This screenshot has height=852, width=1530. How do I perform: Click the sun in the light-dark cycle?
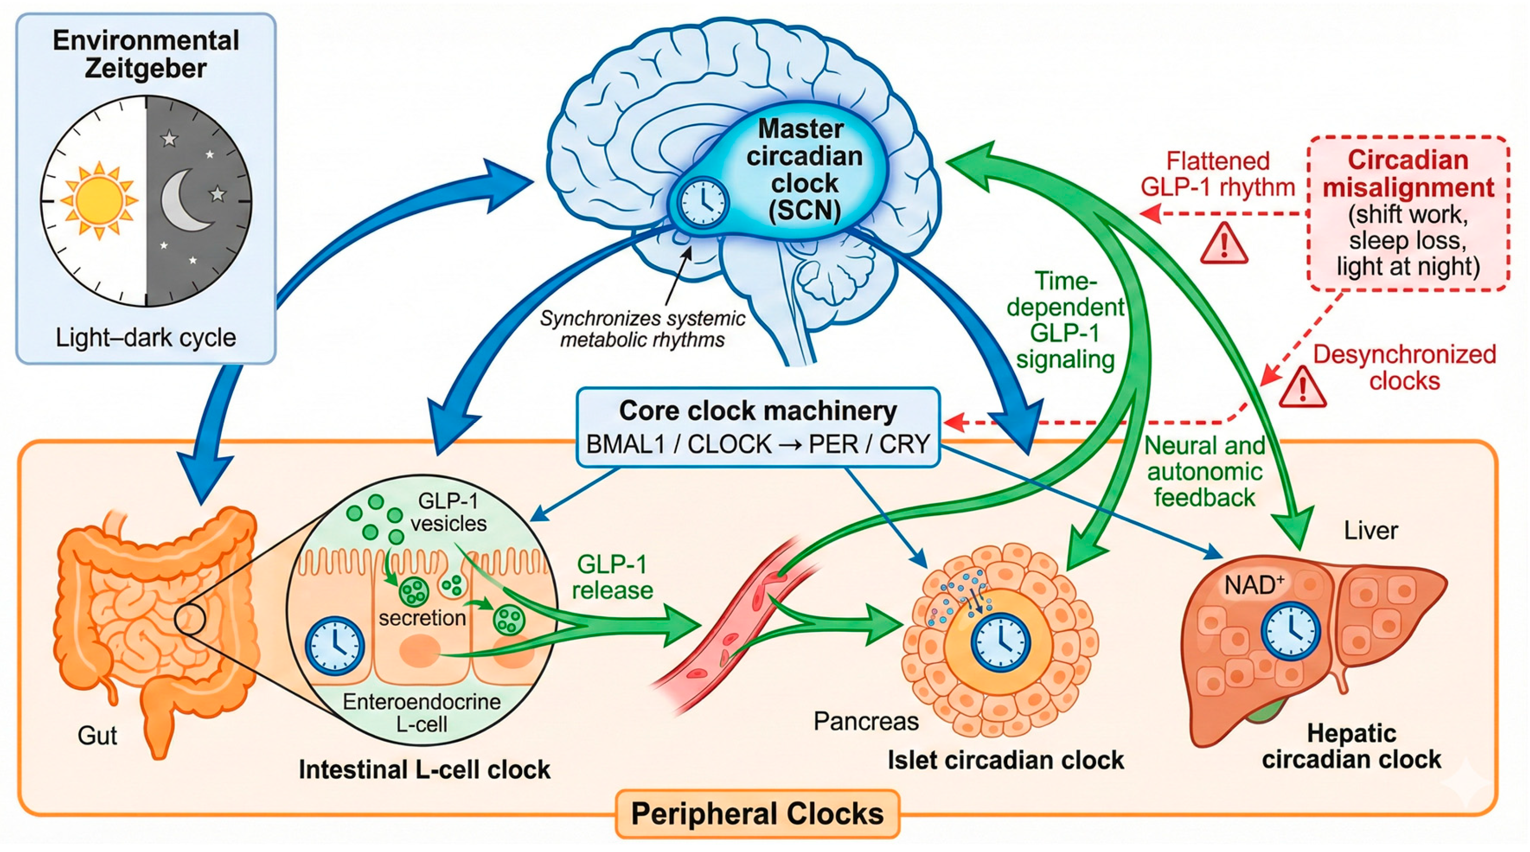[99, 200]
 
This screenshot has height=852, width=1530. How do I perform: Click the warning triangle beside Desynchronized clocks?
[1303, 387]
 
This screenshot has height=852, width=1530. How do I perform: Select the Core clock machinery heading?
[758, 410]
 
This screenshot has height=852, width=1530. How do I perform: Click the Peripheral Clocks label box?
[757, 813]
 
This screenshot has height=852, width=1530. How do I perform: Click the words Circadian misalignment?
[1408, 174]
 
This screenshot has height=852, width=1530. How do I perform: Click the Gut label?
[97, 736]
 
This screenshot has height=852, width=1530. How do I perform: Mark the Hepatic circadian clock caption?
[1351, 746]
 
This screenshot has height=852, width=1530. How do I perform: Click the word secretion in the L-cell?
[422, 618]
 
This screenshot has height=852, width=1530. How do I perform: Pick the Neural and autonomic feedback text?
[1205, 471]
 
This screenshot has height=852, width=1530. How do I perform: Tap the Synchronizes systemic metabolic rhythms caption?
[642, 329]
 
